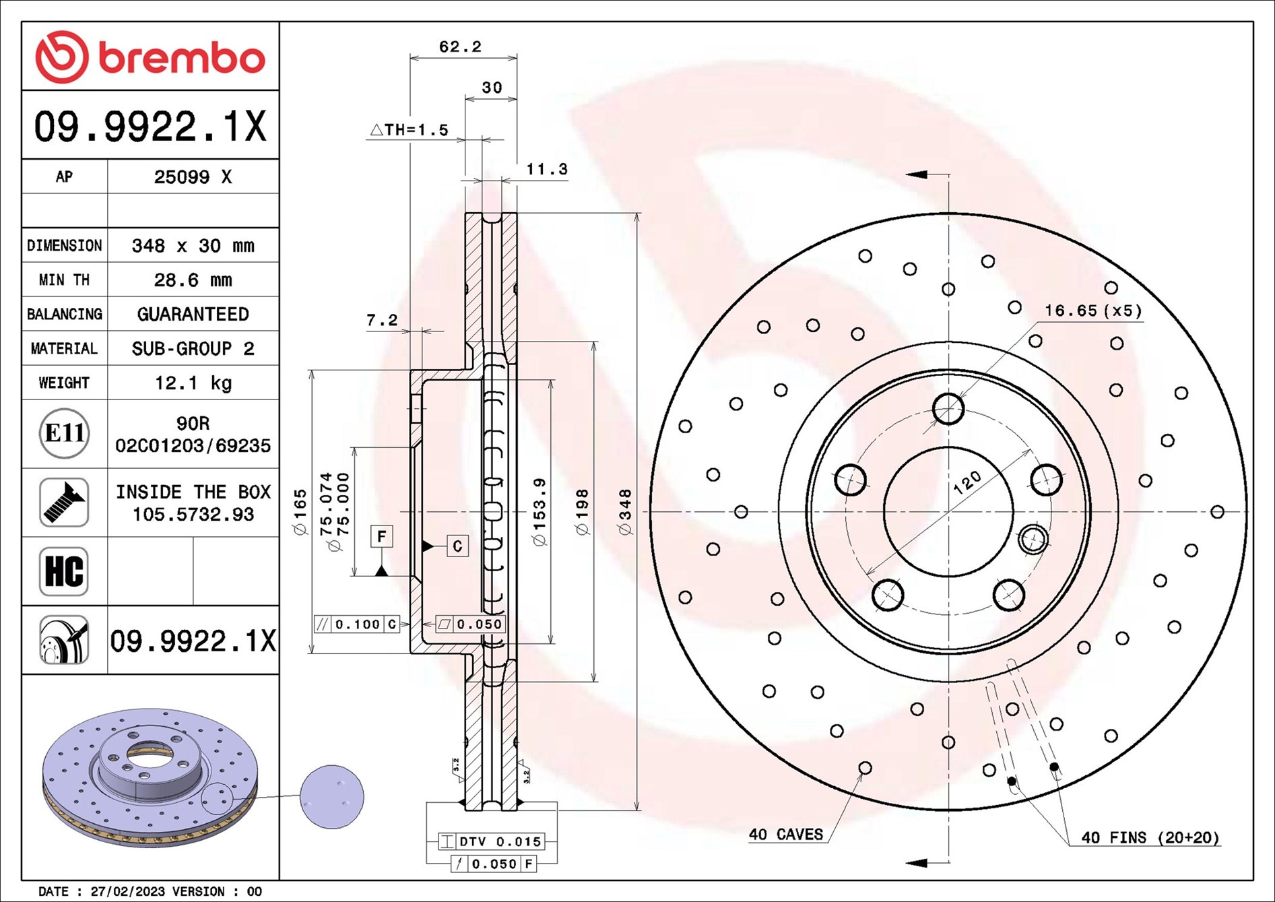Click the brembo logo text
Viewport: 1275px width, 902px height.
click(182, 58)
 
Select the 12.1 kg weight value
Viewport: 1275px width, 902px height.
click(193, 383)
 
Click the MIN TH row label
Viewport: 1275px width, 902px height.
click(64, 280)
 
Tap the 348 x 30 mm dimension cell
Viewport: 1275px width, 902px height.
click(193, 245)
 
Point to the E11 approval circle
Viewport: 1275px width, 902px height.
click(64, 433)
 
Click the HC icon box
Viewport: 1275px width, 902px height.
click(64, 571)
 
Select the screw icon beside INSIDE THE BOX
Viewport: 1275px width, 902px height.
click(64, 503)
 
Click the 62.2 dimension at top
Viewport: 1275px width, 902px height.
click(460, 46)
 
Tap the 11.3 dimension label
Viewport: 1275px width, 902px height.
click(546, 169)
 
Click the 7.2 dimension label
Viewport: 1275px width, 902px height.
click(382, 320)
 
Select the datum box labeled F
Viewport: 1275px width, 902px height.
click(382, 536)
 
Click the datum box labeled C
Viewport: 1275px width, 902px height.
click(457, 546)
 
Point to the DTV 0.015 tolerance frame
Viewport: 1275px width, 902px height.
click(491, 841)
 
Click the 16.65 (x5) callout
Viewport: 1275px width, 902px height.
click(1092, 311)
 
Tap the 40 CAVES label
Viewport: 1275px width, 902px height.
click(785, 835)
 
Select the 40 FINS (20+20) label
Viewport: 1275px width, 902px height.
click(1150, 837)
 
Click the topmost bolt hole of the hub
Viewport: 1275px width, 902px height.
click(948, 408)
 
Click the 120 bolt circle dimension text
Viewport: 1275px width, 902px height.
click(967, 482)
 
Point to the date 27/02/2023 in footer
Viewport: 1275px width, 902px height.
click(127, 891)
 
